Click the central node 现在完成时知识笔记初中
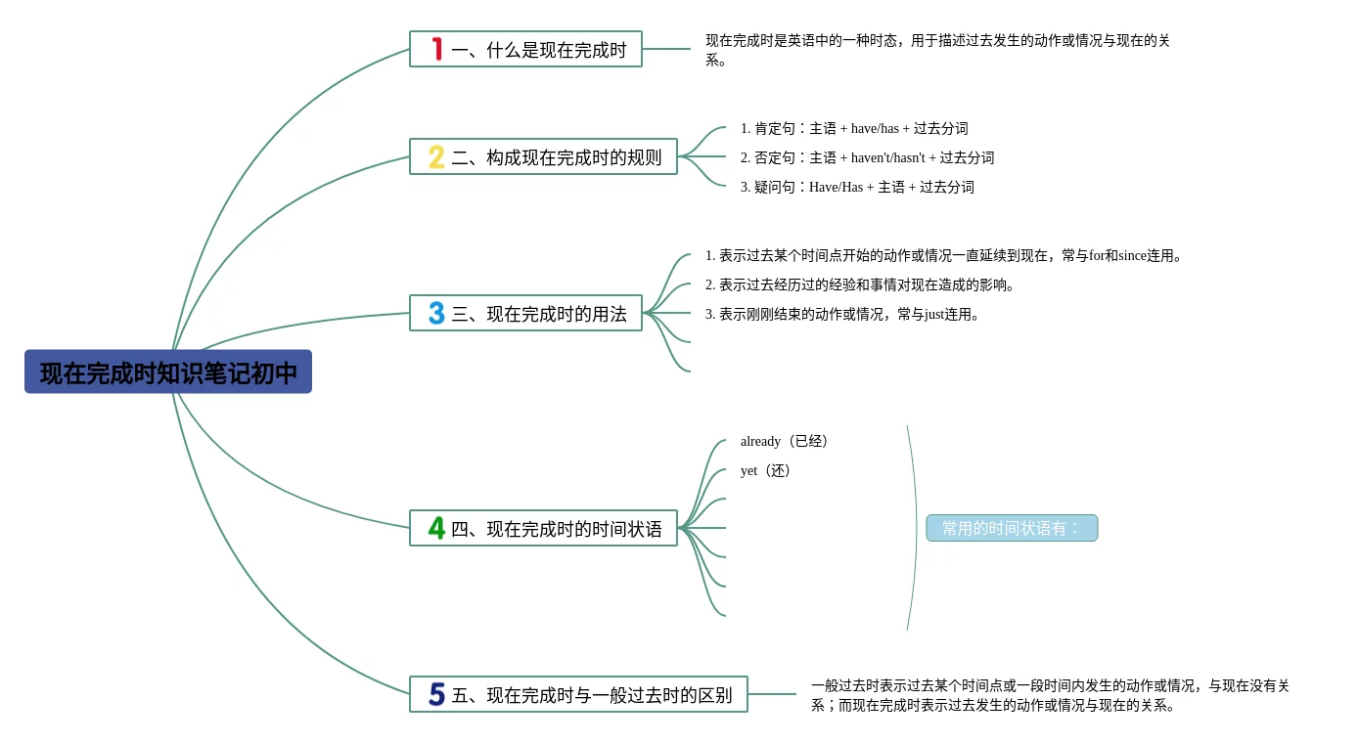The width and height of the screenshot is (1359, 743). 168,372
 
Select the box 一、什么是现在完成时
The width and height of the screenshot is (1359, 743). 525,49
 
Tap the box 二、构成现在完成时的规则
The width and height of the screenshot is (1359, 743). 543,156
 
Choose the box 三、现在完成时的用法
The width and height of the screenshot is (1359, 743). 525,313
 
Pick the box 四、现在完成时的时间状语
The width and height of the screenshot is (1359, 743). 543,528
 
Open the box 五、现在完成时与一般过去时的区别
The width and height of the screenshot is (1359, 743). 578,694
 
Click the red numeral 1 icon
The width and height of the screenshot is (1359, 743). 437,49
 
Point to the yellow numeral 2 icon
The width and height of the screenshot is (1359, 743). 436,156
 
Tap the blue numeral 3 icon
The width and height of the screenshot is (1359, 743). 436,313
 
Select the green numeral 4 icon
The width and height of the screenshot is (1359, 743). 436,528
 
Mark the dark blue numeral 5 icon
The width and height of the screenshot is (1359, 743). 436,694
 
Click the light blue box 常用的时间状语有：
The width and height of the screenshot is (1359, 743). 1012,528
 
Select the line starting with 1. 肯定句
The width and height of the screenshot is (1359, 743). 854,128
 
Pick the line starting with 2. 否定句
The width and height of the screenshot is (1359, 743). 867,157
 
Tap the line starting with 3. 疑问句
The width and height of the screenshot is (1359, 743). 857,187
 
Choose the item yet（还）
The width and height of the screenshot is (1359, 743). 767,470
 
